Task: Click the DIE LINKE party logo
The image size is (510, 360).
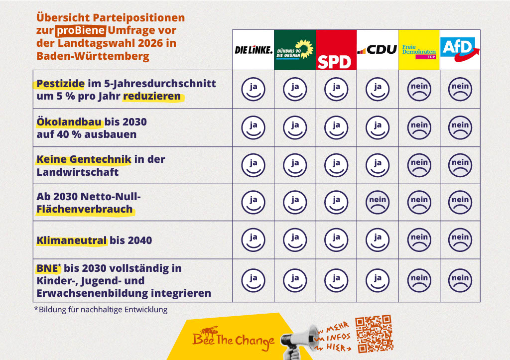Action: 254,50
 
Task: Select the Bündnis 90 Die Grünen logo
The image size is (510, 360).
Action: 295,50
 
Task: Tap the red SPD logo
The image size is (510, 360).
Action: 336,50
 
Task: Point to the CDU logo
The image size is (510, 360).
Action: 378,50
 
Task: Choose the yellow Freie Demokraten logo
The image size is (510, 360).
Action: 419,50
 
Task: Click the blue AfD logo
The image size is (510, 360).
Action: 460,50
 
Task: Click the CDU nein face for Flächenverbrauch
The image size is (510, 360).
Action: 378,203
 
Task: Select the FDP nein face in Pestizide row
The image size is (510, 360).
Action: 419,89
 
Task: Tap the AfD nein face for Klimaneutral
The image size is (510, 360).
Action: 460,240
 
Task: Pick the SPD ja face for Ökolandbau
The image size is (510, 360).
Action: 336,128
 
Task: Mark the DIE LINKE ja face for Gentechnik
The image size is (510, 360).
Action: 254,165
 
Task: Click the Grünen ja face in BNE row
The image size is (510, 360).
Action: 295,280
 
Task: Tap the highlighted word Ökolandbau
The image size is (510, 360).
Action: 69,121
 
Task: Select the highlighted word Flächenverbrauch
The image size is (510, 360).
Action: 85,209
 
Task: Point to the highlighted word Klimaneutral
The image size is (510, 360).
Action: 72,240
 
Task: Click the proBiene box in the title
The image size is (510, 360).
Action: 80,31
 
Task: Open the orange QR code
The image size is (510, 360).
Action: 374,333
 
